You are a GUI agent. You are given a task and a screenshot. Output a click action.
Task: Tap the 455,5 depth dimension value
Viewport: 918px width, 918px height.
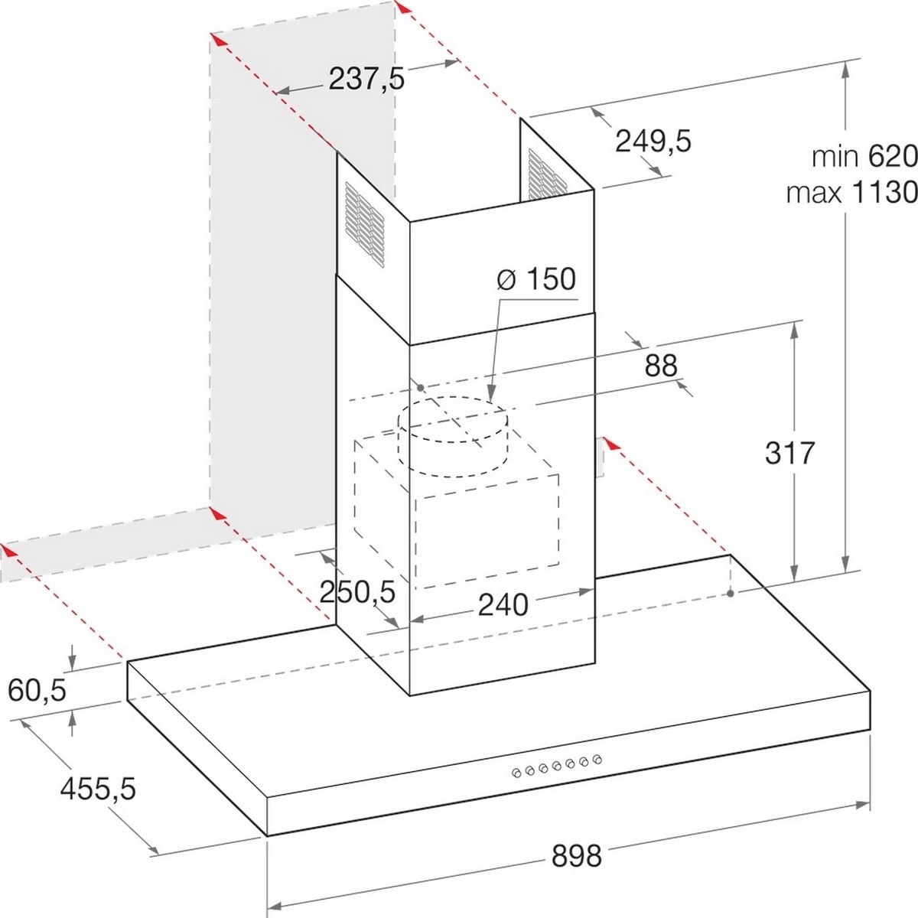tap(98, 789)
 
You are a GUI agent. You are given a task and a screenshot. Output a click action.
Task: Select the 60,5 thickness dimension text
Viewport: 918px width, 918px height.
tap(37, 692)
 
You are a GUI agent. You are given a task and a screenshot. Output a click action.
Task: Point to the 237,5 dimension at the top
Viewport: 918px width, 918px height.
tap(366, 79)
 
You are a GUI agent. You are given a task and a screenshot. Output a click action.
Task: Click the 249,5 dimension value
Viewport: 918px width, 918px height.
tap(653, 142)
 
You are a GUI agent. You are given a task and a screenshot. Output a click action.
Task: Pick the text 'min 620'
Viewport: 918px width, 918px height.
tap(864, 156)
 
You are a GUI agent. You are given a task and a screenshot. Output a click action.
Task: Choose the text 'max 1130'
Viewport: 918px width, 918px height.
tap(852, 193)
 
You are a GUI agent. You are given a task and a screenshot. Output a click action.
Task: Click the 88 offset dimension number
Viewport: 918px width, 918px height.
tap(661, 366)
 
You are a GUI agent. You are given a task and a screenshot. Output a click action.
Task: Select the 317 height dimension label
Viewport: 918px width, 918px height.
tap(790, 453)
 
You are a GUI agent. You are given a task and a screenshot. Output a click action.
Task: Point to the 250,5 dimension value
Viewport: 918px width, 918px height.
tap(357, 592)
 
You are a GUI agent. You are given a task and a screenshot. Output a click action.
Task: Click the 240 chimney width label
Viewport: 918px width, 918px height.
tap(503, 605)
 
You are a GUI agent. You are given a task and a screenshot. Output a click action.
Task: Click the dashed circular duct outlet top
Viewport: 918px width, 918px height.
tap(453, 419)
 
